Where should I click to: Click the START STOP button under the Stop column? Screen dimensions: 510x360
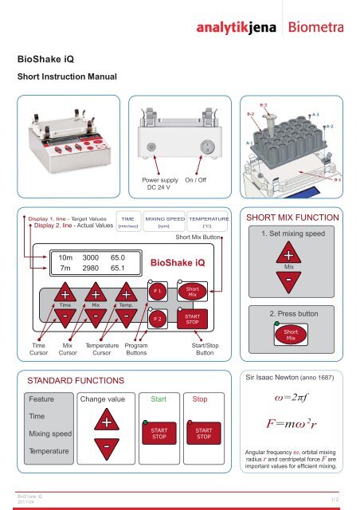[203, 433]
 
